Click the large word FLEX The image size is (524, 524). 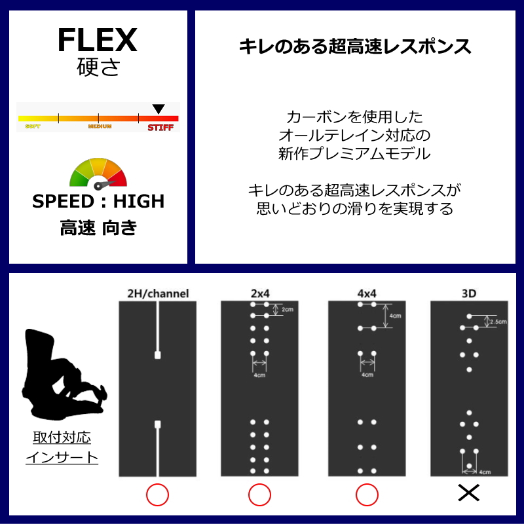click(97, 41)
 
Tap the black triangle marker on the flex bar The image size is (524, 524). click(158, 109)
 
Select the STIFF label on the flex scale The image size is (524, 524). click(160, 127)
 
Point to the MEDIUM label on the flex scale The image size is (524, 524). click(100, 126)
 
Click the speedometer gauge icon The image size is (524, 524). click(98, 173)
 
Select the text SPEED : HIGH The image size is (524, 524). click(98, 201)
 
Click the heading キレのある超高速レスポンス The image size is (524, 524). click(354, 47)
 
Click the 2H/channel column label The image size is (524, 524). click(158, 294)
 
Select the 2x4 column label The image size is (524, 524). click(259, 294)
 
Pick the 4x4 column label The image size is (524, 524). click(366, 294)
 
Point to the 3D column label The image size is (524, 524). click(469, 294)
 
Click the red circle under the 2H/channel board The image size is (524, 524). click(157, 495)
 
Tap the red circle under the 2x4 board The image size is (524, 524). click(259, 495)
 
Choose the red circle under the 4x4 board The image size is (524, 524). click(366, 495)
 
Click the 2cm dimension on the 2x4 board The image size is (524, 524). click(286, 310)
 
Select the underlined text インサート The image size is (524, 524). click(62, 457)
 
